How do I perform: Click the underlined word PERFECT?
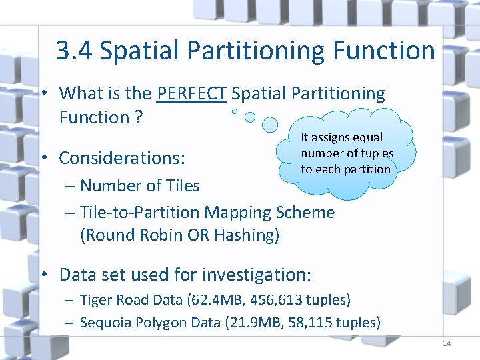pyautogui.click(x=192, y=94)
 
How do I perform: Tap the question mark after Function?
pyautogui.click(x=139, y=118)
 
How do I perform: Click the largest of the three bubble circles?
pyautogui.click(x=270, y=124)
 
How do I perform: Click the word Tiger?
pyautogui.click(x=95, y=301)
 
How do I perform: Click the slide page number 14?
pyautogui.click(x=446, y=343)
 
